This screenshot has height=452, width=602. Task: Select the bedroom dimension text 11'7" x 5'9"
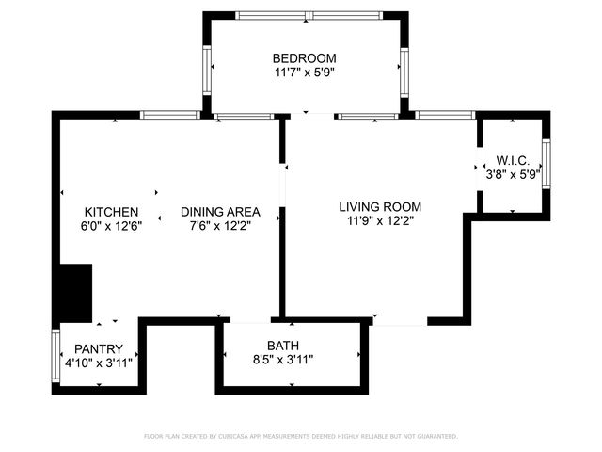(x=304, y=72)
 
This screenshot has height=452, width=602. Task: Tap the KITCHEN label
(x=111, y=212)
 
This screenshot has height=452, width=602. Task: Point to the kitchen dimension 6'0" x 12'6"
(x=111, y=226)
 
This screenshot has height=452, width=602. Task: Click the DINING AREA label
(x=220, y=212)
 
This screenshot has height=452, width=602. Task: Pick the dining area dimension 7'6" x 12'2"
(x=220, y=226)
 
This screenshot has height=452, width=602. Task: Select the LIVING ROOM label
(x=380, y=206)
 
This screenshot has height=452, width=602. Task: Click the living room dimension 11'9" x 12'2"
(x=380, y=220)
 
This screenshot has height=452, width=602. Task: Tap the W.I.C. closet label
(x=514, y=160)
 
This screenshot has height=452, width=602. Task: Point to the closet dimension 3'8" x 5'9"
(x=514, y=174)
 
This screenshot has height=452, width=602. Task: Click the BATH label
(x=282, y=345)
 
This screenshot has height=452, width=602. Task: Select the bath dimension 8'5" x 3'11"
(x=282, y=359)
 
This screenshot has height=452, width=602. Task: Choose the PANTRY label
(x=99, y=348)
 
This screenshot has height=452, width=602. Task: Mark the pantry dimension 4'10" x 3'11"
(x=99, y=363)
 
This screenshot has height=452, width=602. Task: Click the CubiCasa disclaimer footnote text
(x=301, y=436)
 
